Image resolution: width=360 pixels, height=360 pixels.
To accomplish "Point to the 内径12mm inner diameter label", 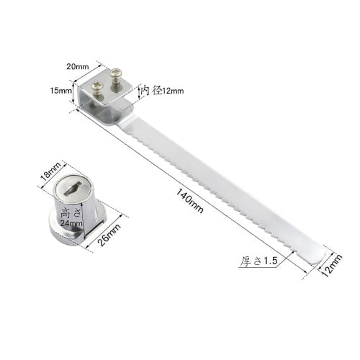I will click(163, 91).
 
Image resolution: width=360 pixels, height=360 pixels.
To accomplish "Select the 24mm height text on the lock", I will click(70, 223).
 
